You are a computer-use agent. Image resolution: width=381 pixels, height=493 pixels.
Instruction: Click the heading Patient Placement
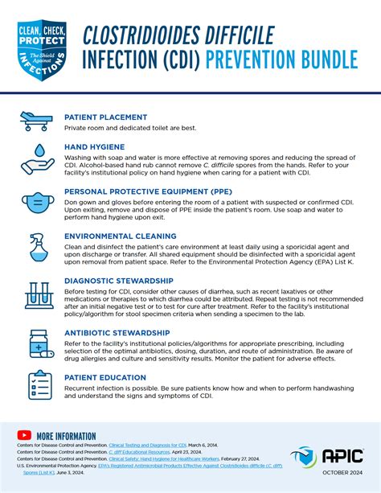click(x=105, y=117)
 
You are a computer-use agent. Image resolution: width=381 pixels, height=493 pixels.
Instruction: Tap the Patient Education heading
click(x=104, y=376)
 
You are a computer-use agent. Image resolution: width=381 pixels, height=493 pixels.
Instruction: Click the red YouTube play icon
click(x=23, y=435)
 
